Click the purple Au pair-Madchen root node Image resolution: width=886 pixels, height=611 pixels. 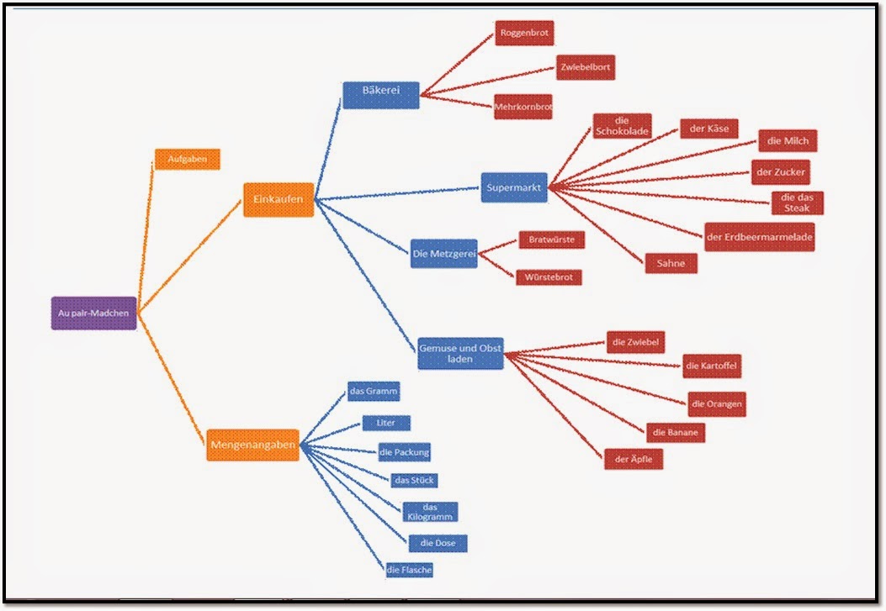[x=93, y=313]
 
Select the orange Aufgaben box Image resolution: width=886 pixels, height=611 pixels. [x=187, y=159]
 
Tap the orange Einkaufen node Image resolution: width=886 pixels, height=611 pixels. [x=279, y=199]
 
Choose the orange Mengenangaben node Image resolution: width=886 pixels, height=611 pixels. [x=252, y=445]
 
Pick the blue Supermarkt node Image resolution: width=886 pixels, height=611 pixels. [x=514, y=187]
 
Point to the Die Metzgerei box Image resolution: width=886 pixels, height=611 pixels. [x=443, y=253]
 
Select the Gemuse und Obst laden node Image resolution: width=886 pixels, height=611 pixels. [x=460, y=353]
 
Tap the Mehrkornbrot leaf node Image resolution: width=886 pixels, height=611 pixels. [x=523, y=107]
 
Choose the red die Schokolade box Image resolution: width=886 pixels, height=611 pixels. [x=622, y=126]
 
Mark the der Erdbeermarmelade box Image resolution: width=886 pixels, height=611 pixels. [x=759, y=237]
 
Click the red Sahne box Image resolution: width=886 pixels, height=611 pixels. [x=671, y=263]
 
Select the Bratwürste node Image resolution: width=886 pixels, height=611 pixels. [x=551, y=240]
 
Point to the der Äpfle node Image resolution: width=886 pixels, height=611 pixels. [x=634, y=458]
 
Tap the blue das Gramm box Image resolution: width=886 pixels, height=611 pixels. [x=374, y=392]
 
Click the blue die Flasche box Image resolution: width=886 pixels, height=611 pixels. [x=409, y=570]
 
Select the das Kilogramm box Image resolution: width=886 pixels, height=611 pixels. [x=430, y=513]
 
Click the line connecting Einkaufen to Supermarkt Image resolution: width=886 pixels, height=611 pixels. [x=395, y=193]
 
